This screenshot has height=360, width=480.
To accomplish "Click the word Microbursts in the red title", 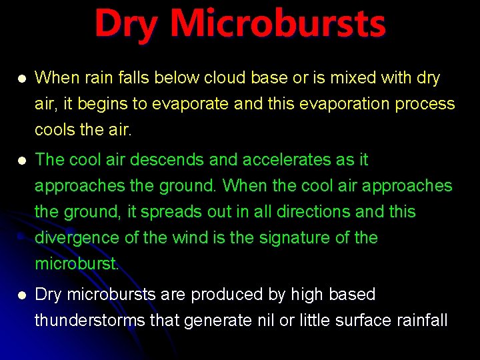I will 277,24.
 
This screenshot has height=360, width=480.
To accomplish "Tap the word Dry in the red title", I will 127,24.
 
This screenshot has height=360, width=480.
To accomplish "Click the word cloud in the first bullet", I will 224,78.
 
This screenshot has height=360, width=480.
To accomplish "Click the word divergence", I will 75,238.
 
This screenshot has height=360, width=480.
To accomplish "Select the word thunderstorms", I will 90,321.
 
